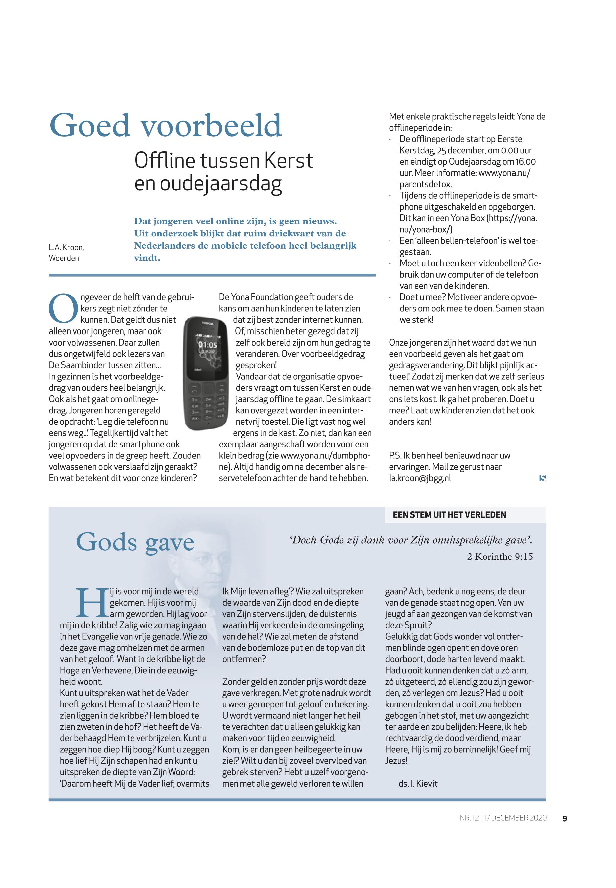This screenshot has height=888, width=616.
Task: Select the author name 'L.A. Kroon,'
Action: pos(66,247)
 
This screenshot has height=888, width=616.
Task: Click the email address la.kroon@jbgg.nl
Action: pos(420,478)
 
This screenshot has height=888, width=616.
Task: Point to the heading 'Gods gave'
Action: pos(135,542)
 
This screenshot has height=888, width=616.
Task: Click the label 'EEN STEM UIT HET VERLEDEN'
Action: pos(449,515)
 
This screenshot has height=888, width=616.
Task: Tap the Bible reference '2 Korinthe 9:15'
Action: pos(500,556)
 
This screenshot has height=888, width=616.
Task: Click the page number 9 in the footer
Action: pos(565,818)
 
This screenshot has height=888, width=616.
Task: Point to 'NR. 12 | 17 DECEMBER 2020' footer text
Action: pos(503,818)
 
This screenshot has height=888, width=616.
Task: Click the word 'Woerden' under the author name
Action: pos(64,258)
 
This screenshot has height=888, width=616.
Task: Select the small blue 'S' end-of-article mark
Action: pos(542,478)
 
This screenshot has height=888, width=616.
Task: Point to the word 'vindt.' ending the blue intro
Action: pos(147,258)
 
